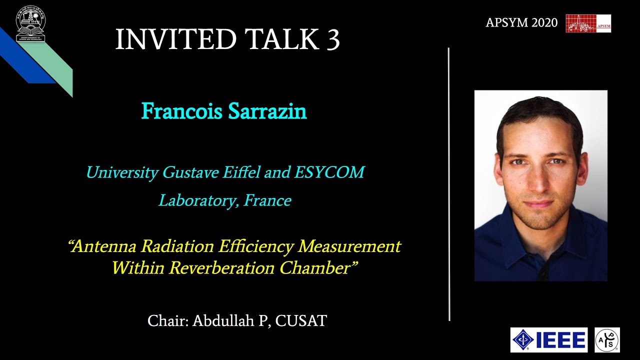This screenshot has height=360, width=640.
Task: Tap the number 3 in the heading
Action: coord(333,39)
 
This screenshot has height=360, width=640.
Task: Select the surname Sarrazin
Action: coord(267,111)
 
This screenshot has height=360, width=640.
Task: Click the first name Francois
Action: coord(182,111)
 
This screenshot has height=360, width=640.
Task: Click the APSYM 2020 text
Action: coord(521,23)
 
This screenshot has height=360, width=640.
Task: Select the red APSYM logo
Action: coord(588,23)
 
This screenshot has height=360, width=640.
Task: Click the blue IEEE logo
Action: coord(548,340)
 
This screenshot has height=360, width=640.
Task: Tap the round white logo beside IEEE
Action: coord(607,340)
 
